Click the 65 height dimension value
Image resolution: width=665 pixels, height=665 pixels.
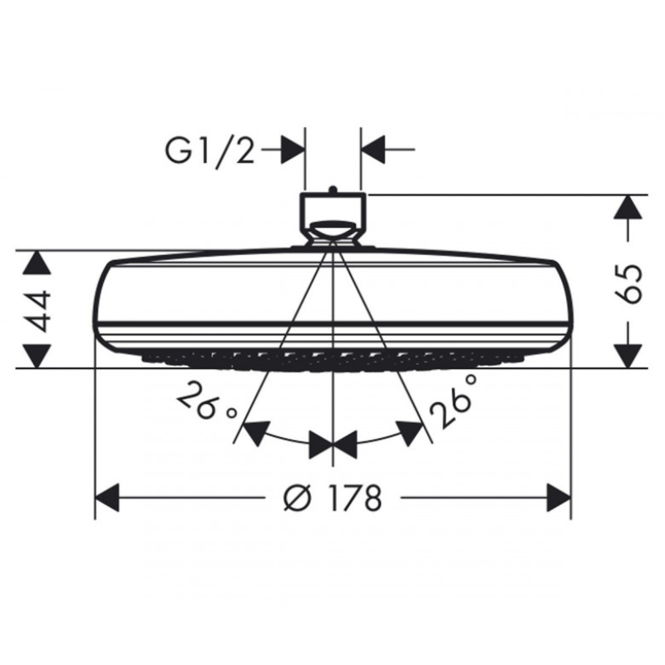[628, 283]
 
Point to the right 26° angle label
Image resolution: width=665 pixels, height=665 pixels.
[453, 401]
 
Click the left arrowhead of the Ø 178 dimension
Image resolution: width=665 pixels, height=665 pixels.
[107, 497]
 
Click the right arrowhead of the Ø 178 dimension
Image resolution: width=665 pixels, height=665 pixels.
[559, 497]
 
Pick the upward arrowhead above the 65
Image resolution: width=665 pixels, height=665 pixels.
[628, 207]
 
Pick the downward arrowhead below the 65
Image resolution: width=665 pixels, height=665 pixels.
[628, 357]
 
